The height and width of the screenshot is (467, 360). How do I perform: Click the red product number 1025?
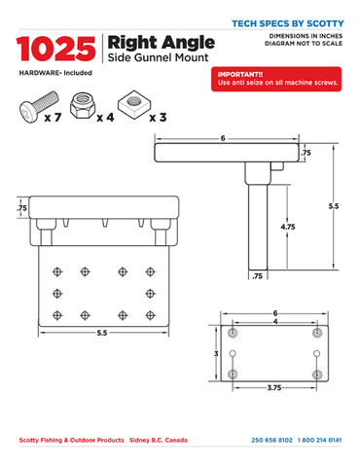coord(55,49)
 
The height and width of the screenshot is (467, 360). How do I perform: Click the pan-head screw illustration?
coord(39,107)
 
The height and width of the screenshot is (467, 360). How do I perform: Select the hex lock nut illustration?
coord(83,105)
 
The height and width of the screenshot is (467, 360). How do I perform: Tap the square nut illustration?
coord(134,105)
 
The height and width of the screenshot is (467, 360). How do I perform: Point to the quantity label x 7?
coord(54,117)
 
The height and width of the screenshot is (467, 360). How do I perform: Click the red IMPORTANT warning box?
coord(276,79)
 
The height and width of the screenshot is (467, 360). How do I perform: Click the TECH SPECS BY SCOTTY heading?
coord(288,23)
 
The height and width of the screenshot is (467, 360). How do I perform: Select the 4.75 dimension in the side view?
coord(288,227)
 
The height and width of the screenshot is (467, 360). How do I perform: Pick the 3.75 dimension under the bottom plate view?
coord(274,387)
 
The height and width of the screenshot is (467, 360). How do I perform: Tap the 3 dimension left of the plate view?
coord(216,353)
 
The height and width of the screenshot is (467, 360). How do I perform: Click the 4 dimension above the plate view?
coord(275,322)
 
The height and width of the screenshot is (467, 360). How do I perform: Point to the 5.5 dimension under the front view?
coord(102,333)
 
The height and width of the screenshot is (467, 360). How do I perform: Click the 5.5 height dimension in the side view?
coord(334,206)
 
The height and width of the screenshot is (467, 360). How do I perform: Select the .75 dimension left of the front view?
coord(22,208)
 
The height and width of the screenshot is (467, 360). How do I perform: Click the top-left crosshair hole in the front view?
coord(57,271)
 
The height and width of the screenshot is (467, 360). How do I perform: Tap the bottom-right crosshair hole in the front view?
coord(150,315)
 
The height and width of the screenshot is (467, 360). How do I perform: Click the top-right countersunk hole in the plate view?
coord(317,333)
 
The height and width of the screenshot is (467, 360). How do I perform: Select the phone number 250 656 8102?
coord(271,440)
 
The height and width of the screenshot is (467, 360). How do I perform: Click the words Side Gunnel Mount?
coord(158,57)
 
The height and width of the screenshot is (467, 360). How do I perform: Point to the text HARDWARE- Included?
coord(55,73)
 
